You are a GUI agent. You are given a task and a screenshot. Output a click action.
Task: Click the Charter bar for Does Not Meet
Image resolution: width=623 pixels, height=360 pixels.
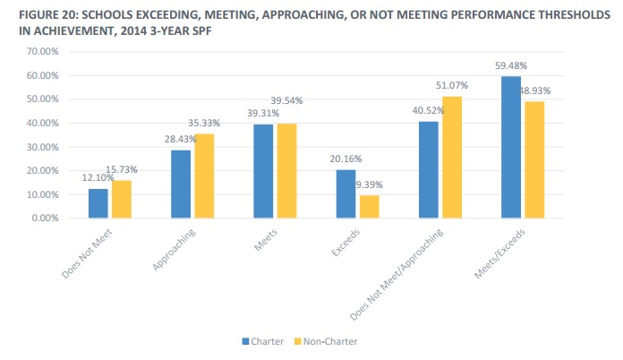98,203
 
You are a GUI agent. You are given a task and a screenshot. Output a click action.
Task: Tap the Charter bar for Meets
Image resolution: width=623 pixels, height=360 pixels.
262,171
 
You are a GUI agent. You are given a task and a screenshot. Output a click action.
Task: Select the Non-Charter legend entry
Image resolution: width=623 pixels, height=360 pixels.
330,341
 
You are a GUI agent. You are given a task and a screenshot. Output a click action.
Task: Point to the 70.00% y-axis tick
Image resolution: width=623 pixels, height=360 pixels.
41,52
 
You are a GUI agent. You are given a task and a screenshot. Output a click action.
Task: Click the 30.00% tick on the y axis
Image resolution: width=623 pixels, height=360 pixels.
41,147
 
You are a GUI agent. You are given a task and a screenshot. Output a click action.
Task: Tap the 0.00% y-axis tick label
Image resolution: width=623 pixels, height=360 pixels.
44,218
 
